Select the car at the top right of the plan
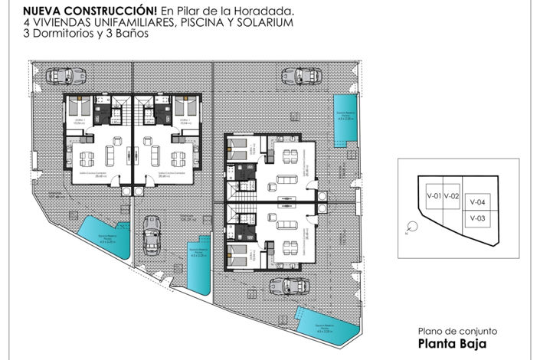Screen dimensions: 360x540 [297, 76]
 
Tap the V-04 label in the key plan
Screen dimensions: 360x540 [478, 203]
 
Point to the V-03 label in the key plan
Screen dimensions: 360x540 [478, 218]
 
